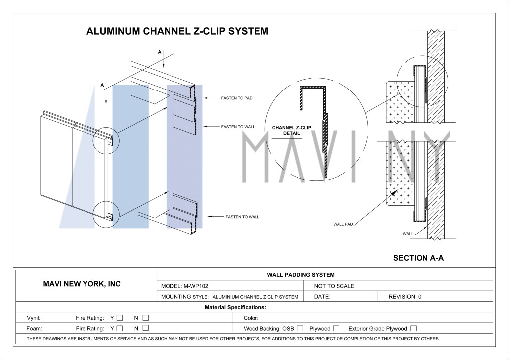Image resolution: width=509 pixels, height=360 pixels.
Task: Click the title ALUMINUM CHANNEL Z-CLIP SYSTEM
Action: [177, 31]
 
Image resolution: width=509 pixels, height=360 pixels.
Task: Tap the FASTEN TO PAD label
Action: [237, 98]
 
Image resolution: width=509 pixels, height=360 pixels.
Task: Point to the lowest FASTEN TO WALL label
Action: [243, 217]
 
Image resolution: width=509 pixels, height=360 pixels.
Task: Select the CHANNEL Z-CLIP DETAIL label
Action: [291, 130]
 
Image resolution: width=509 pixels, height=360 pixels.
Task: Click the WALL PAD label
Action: [343, 224]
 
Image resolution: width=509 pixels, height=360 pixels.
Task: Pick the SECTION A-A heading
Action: [419, 258]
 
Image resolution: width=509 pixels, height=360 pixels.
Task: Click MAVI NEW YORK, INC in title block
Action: [82, 284]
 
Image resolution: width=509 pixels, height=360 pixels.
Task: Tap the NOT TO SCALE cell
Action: [334, 286]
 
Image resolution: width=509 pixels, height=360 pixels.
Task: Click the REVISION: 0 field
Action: [405, 297]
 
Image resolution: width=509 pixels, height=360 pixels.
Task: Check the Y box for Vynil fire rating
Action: [120, 318]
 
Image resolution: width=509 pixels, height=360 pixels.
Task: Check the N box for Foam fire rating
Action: [146, 328]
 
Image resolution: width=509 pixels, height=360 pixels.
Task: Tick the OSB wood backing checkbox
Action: [300, 328]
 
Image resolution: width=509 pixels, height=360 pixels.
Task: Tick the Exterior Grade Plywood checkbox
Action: [413, 328]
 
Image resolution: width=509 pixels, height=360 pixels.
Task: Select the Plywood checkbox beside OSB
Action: [336, 328]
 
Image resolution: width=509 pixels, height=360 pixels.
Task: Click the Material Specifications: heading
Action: [235, 307]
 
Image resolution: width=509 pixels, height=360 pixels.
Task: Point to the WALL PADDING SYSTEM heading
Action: [301, 275]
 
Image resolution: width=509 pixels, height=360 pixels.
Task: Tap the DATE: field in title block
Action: [322, 297]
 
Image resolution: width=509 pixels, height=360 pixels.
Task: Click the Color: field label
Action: [251, 318]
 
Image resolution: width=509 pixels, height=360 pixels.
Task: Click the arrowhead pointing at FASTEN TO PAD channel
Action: [206, 98]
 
